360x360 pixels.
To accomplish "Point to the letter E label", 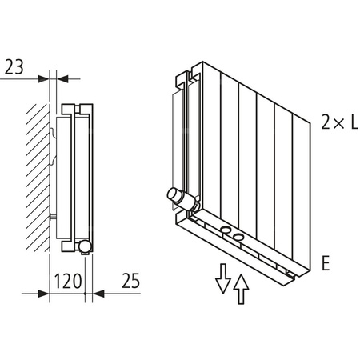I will coord(325,262).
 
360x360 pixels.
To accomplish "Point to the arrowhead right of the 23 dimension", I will coord(65,79).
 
